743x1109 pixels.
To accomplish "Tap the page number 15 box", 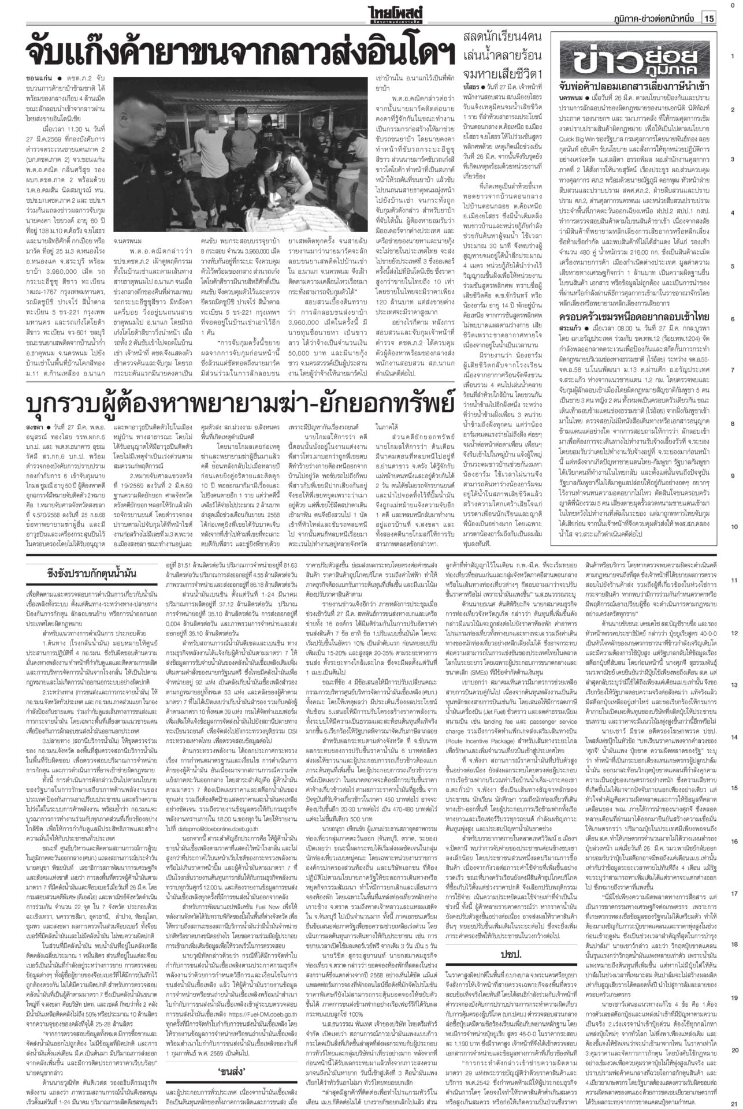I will point(709,18).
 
